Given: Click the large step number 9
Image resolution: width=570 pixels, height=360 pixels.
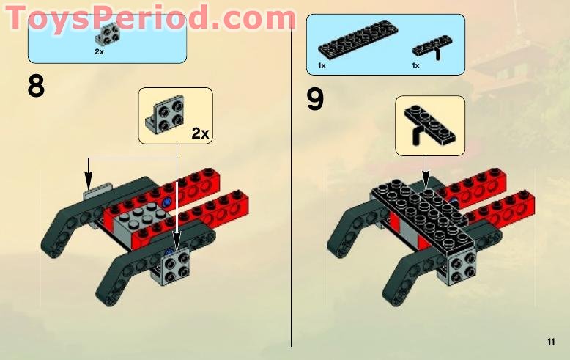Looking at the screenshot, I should click(315, 100).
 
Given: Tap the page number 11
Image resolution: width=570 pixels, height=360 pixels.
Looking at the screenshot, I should click(551, 342).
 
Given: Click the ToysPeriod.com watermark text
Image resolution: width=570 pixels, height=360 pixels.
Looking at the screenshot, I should click(150, 17).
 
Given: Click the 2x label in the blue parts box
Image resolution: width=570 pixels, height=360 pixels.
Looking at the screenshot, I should click(99, 53).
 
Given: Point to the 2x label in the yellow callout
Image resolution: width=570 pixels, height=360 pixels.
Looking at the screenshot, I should click(200, 133).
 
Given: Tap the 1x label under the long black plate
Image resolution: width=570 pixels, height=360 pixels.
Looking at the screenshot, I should click(322, 66).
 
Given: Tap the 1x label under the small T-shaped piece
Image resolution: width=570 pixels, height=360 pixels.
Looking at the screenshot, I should click(415, 66).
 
